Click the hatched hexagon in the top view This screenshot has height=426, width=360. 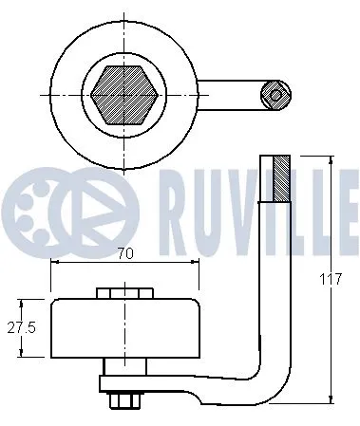tap(123, 93)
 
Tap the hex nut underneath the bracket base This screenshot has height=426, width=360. tap(121, 401)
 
